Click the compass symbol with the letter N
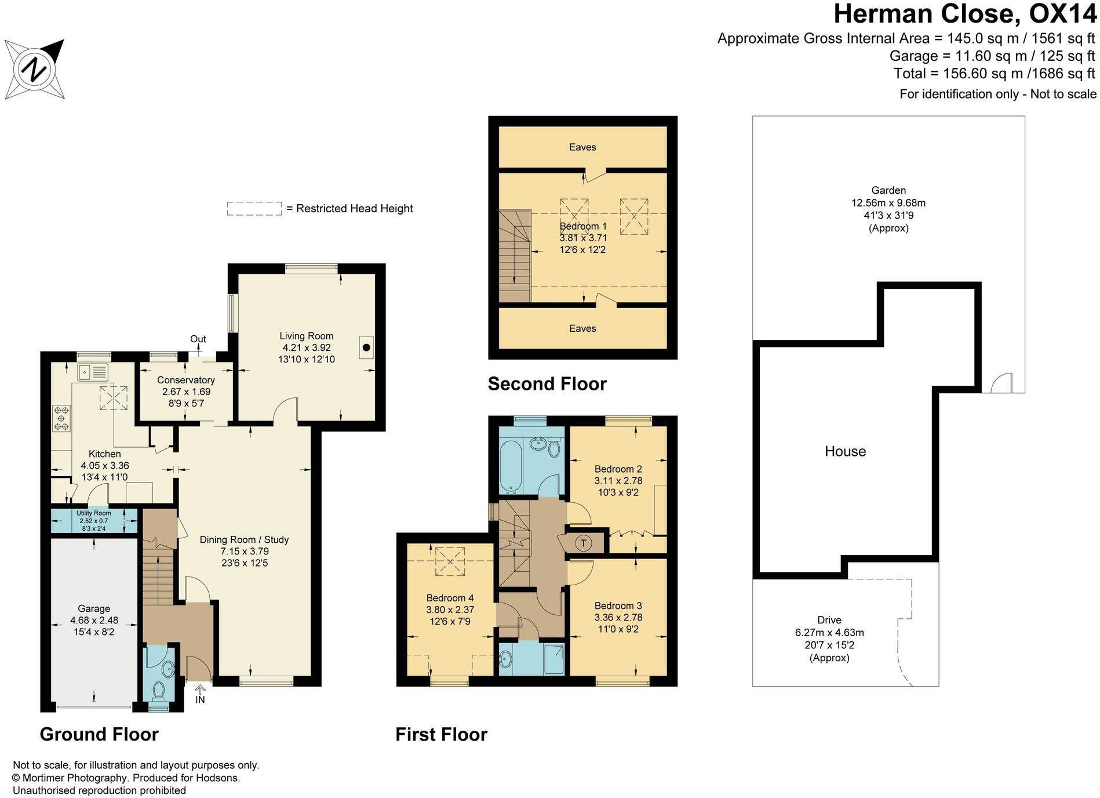coord(34,70)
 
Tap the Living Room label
coord(306,336)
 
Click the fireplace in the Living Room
coord(366,347)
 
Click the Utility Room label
coord(93,513)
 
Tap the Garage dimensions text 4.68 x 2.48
coord(94,621)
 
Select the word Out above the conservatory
coord(198,339)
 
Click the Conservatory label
coord(185,380)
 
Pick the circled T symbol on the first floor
coord(584,543)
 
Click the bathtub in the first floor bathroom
coord(511,466)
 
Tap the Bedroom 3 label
coord(618,605)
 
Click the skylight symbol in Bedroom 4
coord(450,561)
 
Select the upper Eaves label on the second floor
coord(582,147)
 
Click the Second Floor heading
coord(547,384)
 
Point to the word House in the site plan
coord(845,451)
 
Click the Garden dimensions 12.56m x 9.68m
coord(888,203)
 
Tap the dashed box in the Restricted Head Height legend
coord(254,209)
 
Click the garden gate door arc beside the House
coord(1001,384)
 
